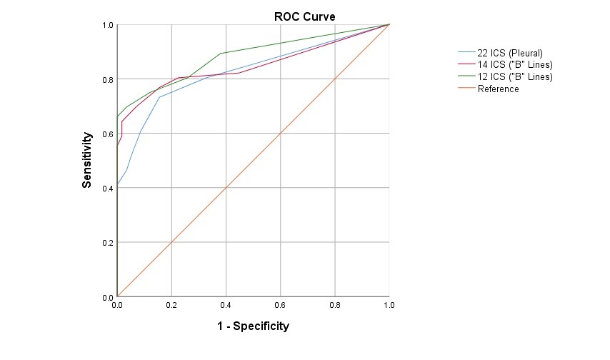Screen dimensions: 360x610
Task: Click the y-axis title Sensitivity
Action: coord(87,159)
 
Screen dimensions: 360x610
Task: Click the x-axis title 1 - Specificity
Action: coord(253,326)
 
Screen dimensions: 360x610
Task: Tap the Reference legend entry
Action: coord(498,89)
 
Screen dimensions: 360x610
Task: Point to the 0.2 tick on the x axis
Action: coord(171,305)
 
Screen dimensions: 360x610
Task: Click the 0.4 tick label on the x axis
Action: coord(226,305)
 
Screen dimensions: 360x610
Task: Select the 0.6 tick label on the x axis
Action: coord(280,305)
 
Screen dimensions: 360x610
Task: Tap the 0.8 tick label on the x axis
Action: coord(334,305)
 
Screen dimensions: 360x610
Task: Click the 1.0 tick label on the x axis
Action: coord(389,305)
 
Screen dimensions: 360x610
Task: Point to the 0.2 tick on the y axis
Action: coord(108,243)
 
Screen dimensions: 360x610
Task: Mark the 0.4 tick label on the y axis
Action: coord(108,188)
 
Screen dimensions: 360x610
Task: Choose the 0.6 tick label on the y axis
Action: coord(108,134)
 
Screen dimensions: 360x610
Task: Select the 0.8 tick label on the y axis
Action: coord(108,79)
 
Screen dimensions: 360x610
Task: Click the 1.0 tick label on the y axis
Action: coord(108,25)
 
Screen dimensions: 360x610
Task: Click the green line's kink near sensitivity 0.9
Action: coord(221,54)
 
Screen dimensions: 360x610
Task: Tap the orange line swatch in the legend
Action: coord(466,89)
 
